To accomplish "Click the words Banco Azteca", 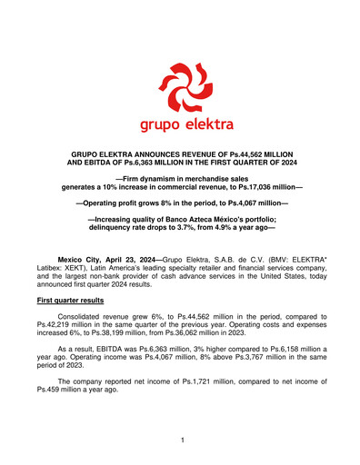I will click(172, 219).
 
